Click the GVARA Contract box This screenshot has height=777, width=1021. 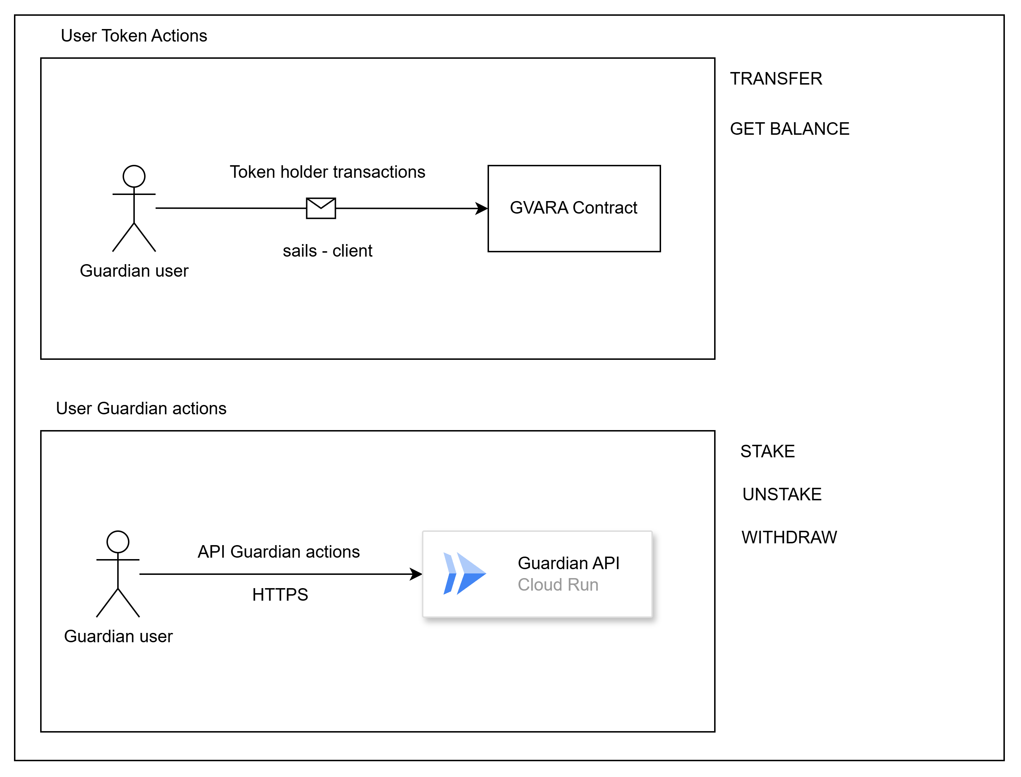tap(574, 208)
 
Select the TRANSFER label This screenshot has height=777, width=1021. tap(776, 78)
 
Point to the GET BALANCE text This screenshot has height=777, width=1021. tap(789, 129)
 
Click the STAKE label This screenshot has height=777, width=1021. tap(767, 451)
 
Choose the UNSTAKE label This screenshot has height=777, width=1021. tap(782, 494)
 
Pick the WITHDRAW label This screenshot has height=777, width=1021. tap(789, 537)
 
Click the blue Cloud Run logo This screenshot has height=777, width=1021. tap(464, 573)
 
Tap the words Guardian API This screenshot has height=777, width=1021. tap(568, 563)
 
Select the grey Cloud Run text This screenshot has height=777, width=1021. tap(557, 585)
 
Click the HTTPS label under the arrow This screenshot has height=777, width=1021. tap(280, 594)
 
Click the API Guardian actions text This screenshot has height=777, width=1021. tap(279, 551)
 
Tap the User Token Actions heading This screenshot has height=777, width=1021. tap(134, 35)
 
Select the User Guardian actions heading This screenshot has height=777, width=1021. tap(141, 408)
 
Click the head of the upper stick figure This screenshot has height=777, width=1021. tap(134, 177)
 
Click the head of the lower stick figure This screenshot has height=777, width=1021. tap(118, 542)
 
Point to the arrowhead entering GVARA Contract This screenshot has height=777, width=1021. tap(482, 208)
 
